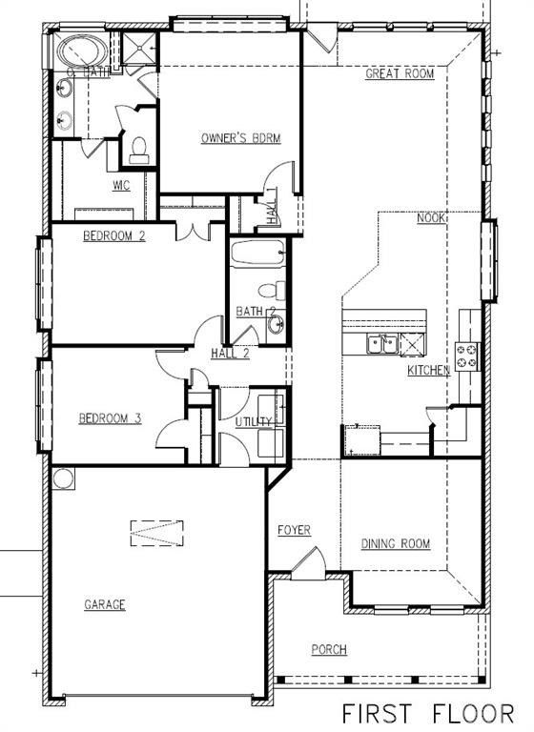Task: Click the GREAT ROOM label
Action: click(x=400, y=73)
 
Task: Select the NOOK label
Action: click(x=432, y=217)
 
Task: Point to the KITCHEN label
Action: click(x=429, y=370)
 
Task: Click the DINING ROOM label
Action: click(x=395, y=544)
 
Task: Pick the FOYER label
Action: click(x=294, y=530)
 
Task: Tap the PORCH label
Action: click(x=329, y=650)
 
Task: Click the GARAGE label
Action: click(x=105, y=604)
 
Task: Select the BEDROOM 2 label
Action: click(x=113, y=235)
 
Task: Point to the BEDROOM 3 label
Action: click(x=110, y=417)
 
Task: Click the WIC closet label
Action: click(x=120, y=185)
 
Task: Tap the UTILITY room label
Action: click(x=254, y=421)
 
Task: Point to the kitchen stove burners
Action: click(x=467, y=356)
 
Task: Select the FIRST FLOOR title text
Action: click(x=428, y=713)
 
